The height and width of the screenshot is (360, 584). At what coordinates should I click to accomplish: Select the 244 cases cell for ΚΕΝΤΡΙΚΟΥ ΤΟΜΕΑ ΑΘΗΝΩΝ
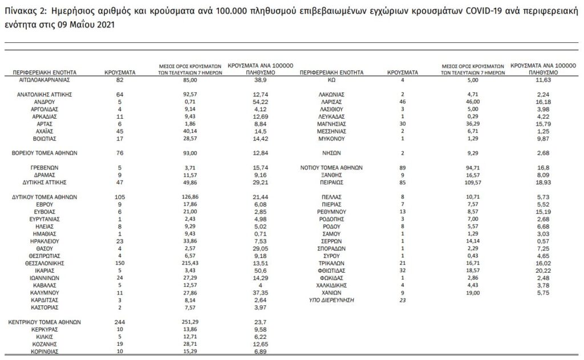(x=120, y=322)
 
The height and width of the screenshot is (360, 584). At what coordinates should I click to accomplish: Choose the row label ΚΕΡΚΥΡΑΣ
(x=43, y=329)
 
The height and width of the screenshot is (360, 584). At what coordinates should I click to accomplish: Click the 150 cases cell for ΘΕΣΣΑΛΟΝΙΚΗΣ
(x=120, y=264)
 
